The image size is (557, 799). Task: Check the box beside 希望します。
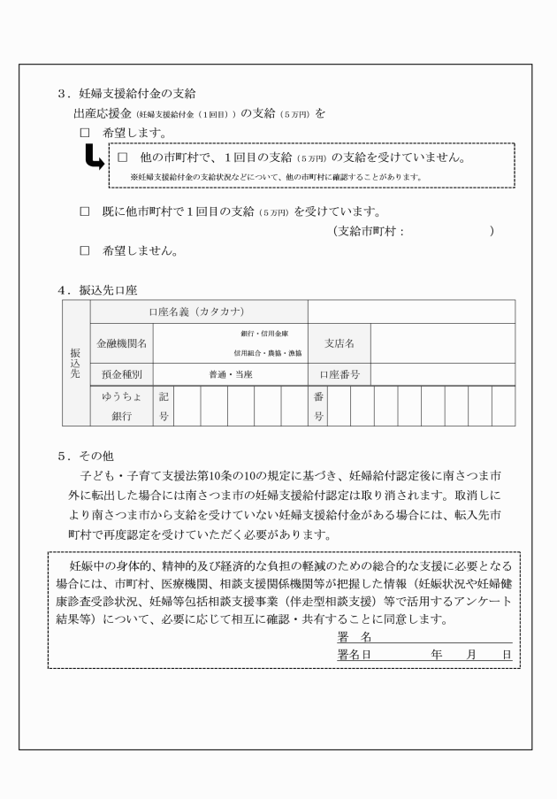[x=86, y=133]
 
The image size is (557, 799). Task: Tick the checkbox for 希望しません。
[x=86, y=250]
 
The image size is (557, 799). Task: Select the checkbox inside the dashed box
[x=123, y=157]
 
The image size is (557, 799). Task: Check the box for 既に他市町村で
[x=86, y=212]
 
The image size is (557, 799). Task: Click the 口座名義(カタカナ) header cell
[x=199, y=311]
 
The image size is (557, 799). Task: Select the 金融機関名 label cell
[x=121, y=342]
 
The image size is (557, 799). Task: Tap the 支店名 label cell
[x=340, y=342]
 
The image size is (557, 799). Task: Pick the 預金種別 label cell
[x=121, y=374]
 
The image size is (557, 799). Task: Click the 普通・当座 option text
[x=230, y=374]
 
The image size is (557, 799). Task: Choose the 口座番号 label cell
[x=340, y=374]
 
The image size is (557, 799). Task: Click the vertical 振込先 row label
[x=76, y=363]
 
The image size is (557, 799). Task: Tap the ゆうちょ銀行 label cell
[x=121, y=405]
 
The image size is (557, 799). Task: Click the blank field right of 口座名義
[x=411, y=311]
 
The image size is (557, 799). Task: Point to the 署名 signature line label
[x=353, y=638]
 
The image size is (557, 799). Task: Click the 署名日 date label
[x=353, y=654]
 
